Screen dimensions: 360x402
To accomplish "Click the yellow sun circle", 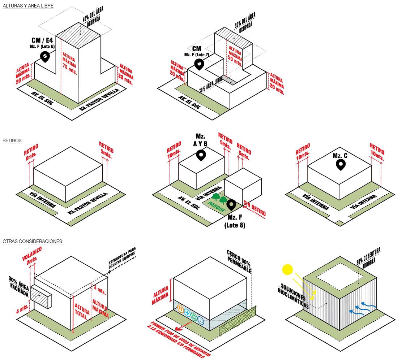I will click(287, 269).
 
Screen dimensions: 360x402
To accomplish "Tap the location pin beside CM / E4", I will click(45, 57).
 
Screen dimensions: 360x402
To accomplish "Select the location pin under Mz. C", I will click(340, 165).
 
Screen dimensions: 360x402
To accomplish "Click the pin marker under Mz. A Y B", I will click(201, 156).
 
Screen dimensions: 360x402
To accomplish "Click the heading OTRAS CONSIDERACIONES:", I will click(33, 241).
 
